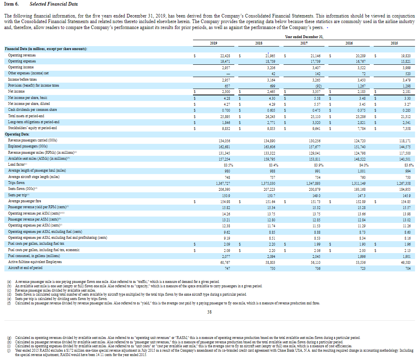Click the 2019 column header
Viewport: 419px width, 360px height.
click(x=214, y=43)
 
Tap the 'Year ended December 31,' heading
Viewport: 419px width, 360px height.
click(x=304, y=37)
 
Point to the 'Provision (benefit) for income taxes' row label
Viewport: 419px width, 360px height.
click(x=33, y=85)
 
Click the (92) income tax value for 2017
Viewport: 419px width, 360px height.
click(x=317, y=85)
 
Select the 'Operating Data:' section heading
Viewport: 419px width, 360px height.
click(x=16, y=134)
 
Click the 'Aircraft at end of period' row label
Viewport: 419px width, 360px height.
click(x=25, y=268)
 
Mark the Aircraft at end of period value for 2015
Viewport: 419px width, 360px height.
click(x=405, y=268)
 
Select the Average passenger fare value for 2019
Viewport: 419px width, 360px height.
click(x=225, y=201)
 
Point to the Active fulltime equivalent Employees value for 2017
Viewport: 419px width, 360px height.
click(x=315, y=262)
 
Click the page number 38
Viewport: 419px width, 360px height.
click(x=209, y=312)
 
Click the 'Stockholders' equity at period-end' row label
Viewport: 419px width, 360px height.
click(x=32, y=128)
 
